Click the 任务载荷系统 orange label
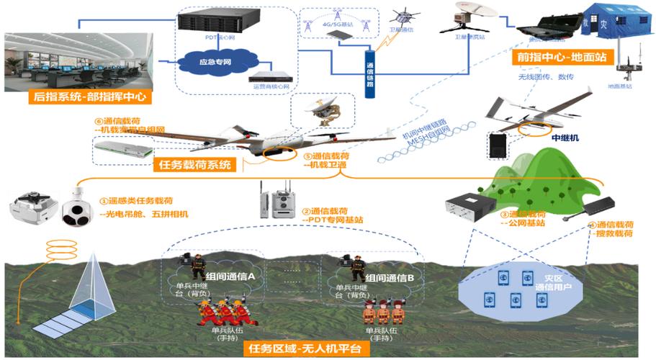click(x=194, y=164)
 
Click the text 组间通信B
click(x=390, y=278)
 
